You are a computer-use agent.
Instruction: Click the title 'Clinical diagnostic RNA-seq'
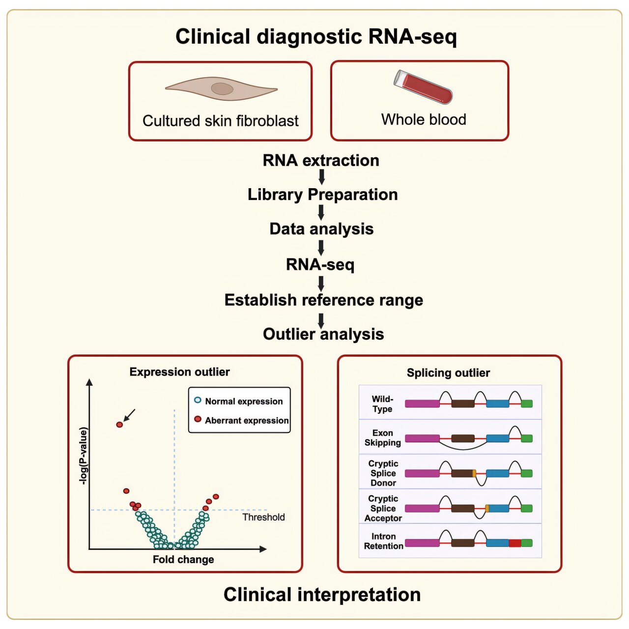pos(316,37)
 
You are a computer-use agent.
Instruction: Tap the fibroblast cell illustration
pos(222,89)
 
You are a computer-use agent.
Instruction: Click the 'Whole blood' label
pos(424,119)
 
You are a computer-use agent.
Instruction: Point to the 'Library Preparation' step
pos(322,195)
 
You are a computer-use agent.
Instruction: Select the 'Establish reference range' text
pos(323,300)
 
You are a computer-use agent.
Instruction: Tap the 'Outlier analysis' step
pos(323,334)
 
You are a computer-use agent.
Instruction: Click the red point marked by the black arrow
pos(119,425)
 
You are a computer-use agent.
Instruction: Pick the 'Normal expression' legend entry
pos(239,401)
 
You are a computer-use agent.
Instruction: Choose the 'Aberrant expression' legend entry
pos(242,420)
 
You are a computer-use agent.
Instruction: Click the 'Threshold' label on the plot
pos(263,517)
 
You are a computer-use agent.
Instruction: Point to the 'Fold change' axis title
pos(183,559)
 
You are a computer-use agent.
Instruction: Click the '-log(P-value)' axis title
pos(84,457)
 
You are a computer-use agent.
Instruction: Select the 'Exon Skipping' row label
pos(382,437)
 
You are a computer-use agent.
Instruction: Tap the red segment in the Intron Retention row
pos(515,543)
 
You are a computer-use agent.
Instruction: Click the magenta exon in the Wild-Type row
pos(422,403)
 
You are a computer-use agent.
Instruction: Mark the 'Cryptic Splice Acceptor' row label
pos(383,508)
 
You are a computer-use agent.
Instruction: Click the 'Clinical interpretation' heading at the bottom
pos(322,595)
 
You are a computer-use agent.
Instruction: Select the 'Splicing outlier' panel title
pos(448,373)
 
